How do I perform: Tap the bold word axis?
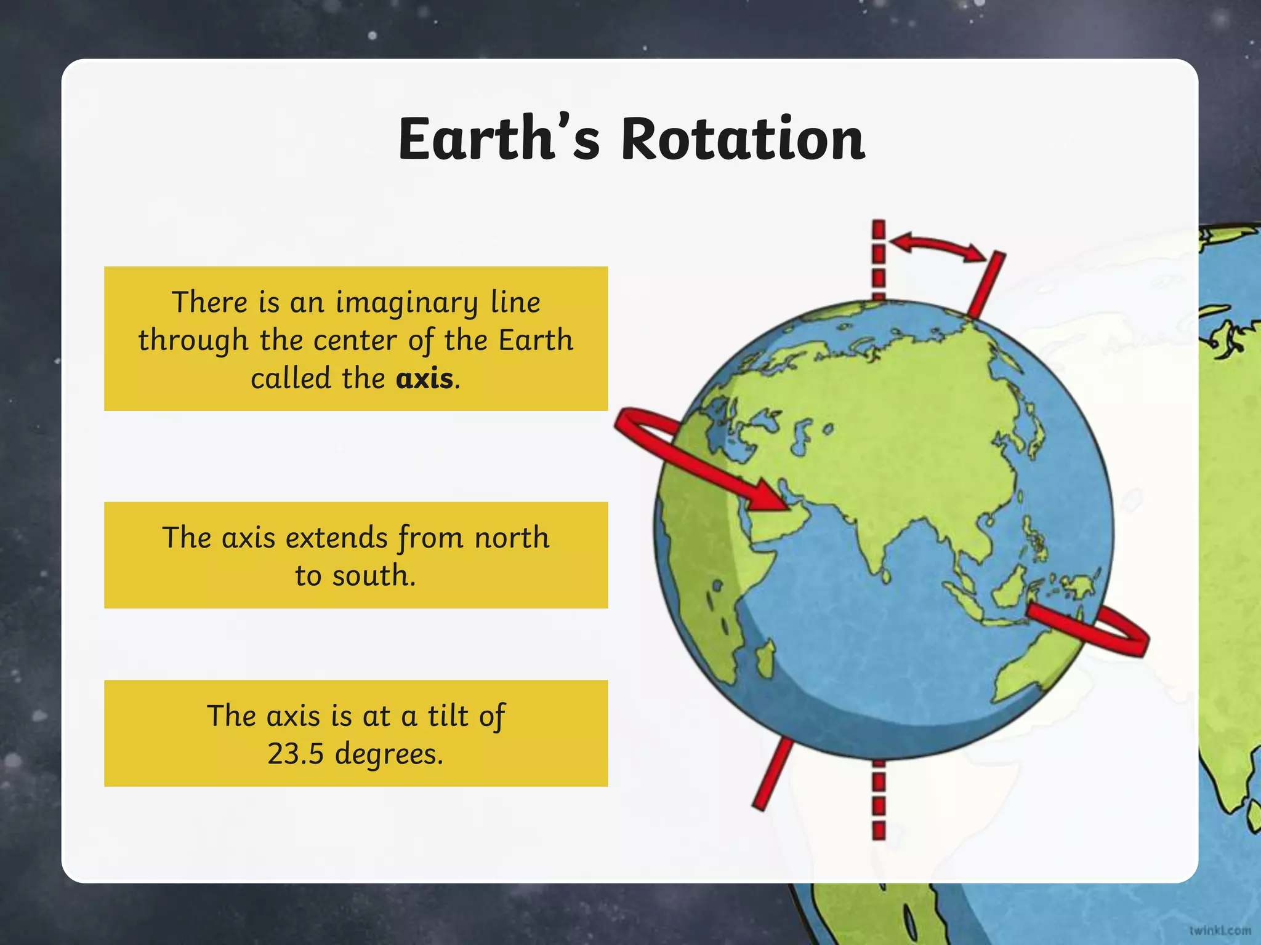click(425, 378)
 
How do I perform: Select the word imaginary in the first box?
click(406, 303)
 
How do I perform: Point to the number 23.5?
click(296, 753)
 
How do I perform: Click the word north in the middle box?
click(512, 538)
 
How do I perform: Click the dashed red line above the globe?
click(879, 258)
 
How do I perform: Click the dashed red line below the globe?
click(879, 800)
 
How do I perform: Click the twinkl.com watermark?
click(1220, 930)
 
